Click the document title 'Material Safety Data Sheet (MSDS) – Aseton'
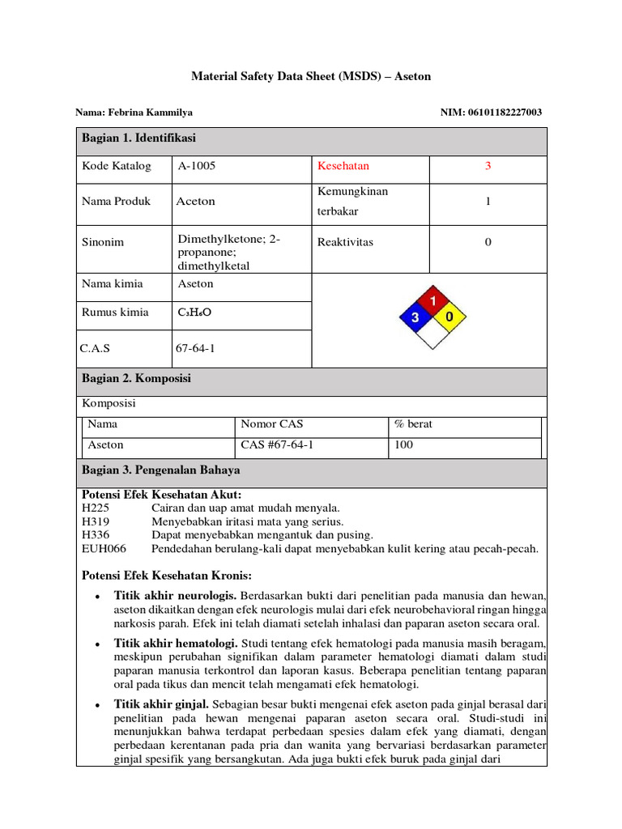pyautogui.click(x=311, y=76)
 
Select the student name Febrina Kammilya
pyautogui.click(x=134, y=113)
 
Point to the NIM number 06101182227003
pyautogui.click(x=491, y=113)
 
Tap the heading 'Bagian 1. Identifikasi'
pyautogui.click(x=138, y=138)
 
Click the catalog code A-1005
pyautogui.click(x=197, y=166)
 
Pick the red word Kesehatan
pyautogui.click(x=343, y=166)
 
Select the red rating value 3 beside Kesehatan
pyautogui.click(x=488, y=166)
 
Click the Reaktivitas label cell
pyautogui.click(x=346, y=242)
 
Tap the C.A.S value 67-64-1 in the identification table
pyautogui.click(x=195, y=349)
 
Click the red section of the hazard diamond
pyautogui.click(x=432, y=302)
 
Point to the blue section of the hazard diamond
pyautogui.click(x=415, y=317)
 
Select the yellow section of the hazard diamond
pyautogui.click(x=450, y=317)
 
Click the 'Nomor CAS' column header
pyautogui.click(x=272, y=424)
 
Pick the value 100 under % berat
pyautogui.click(x=403, y=445)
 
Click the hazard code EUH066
pyautogui.click(x=102, y=549)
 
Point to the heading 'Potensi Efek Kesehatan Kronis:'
pyautogui.click(x=167, y=576)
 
